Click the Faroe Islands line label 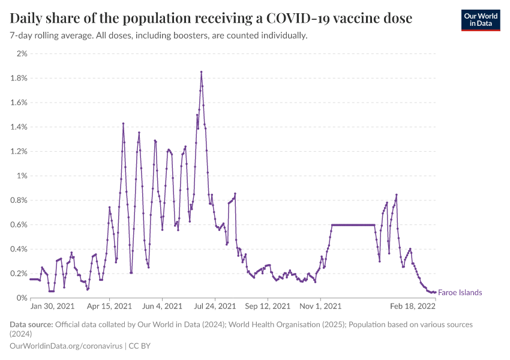point(460,293)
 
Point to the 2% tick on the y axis point(22,54)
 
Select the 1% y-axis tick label point(22,176)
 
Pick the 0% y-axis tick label point(22,298)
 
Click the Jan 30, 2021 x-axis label point(52,307)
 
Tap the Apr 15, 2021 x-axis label point(110,307)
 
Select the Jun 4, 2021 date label point(162,307)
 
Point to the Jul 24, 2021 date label point(215,307)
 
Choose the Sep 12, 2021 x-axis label point(268,307)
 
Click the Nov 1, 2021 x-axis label point(320,307)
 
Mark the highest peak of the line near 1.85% point(201,72)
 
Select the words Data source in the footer point(31,325)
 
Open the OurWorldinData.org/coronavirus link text point(66,346)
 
